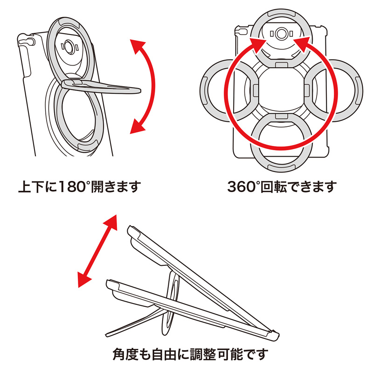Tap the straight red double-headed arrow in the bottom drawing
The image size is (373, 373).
pyautogui.click(x=97, y=251)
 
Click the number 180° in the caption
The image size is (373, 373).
pyautogui.click(x=68, y=187)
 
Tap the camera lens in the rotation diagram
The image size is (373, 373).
pyautogui.click(x=280, y=34)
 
